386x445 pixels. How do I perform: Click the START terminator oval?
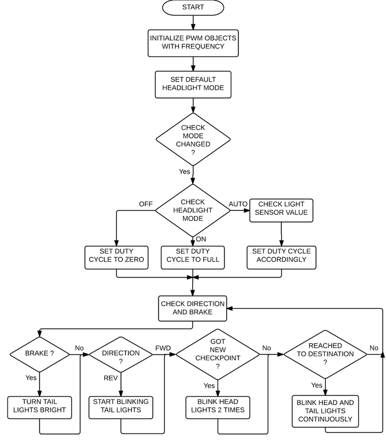(x=193, y=8)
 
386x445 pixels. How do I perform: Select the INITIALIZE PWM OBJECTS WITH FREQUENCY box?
(x=193, y=43)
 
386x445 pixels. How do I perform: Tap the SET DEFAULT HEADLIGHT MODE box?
(x=193, y=85)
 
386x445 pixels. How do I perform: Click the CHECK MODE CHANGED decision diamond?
(x=193, y=139)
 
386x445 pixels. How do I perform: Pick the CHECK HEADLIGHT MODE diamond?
(x=193, y=210)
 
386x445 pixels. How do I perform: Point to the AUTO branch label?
(x=238, y=204)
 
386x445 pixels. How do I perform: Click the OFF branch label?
(x=146, y=204)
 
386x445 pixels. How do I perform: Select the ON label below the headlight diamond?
(x=201, y=239)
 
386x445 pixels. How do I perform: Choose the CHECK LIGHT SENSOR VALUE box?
(x=281, y=210)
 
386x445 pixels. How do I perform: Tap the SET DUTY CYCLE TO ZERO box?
(x=116, y=257)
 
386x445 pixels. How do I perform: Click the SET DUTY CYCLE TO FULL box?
(x=193, y=257)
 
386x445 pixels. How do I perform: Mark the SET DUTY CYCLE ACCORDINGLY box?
(x=281, y=257)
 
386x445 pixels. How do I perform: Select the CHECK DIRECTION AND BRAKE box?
(x=193, y=308)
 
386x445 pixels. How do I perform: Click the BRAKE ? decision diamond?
(x=40, y=354)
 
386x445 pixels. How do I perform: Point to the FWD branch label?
(x=163, y=348)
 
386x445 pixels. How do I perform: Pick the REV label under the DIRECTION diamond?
(x=111, y=378)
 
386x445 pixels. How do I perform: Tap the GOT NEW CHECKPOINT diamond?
(x=218, y=354)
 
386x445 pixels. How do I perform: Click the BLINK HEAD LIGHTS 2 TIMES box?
(x=218, y=407)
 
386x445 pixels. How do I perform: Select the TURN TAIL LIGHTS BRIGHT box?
(x=39, y=407)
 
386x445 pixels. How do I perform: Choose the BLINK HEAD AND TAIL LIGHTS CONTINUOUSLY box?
(x=325, y=411)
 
